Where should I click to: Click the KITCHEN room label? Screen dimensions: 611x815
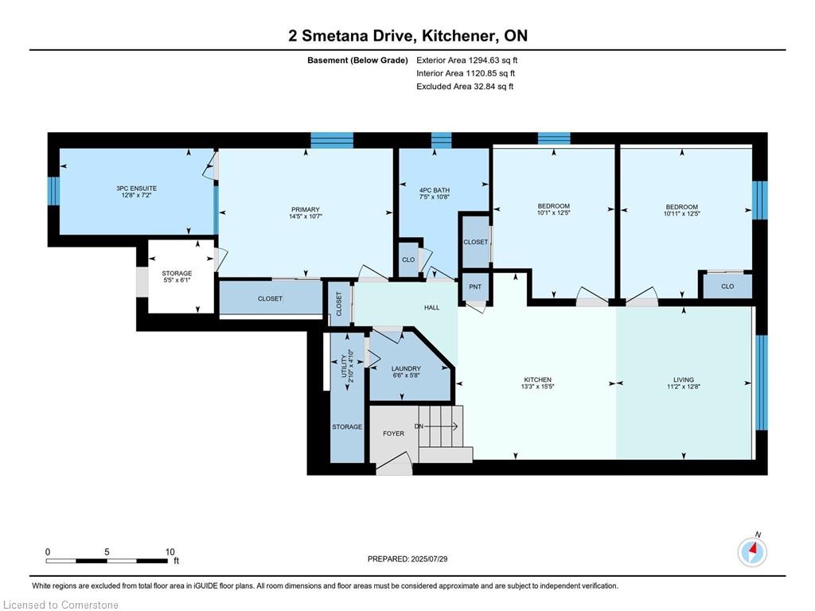pos(538,379)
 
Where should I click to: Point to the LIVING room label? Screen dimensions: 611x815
pos(683,379)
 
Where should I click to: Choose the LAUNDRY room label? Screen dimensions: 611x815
pos(406,368)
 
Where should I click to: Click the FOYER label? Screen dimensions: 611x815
pos(393,434)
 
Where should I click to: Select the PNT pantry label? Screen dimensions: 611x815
pos(475,286)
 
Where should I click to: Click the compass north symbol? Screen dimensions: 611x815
pos(752,551)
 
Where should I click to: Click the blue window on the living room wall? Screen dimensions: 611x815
pos(761,381)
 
